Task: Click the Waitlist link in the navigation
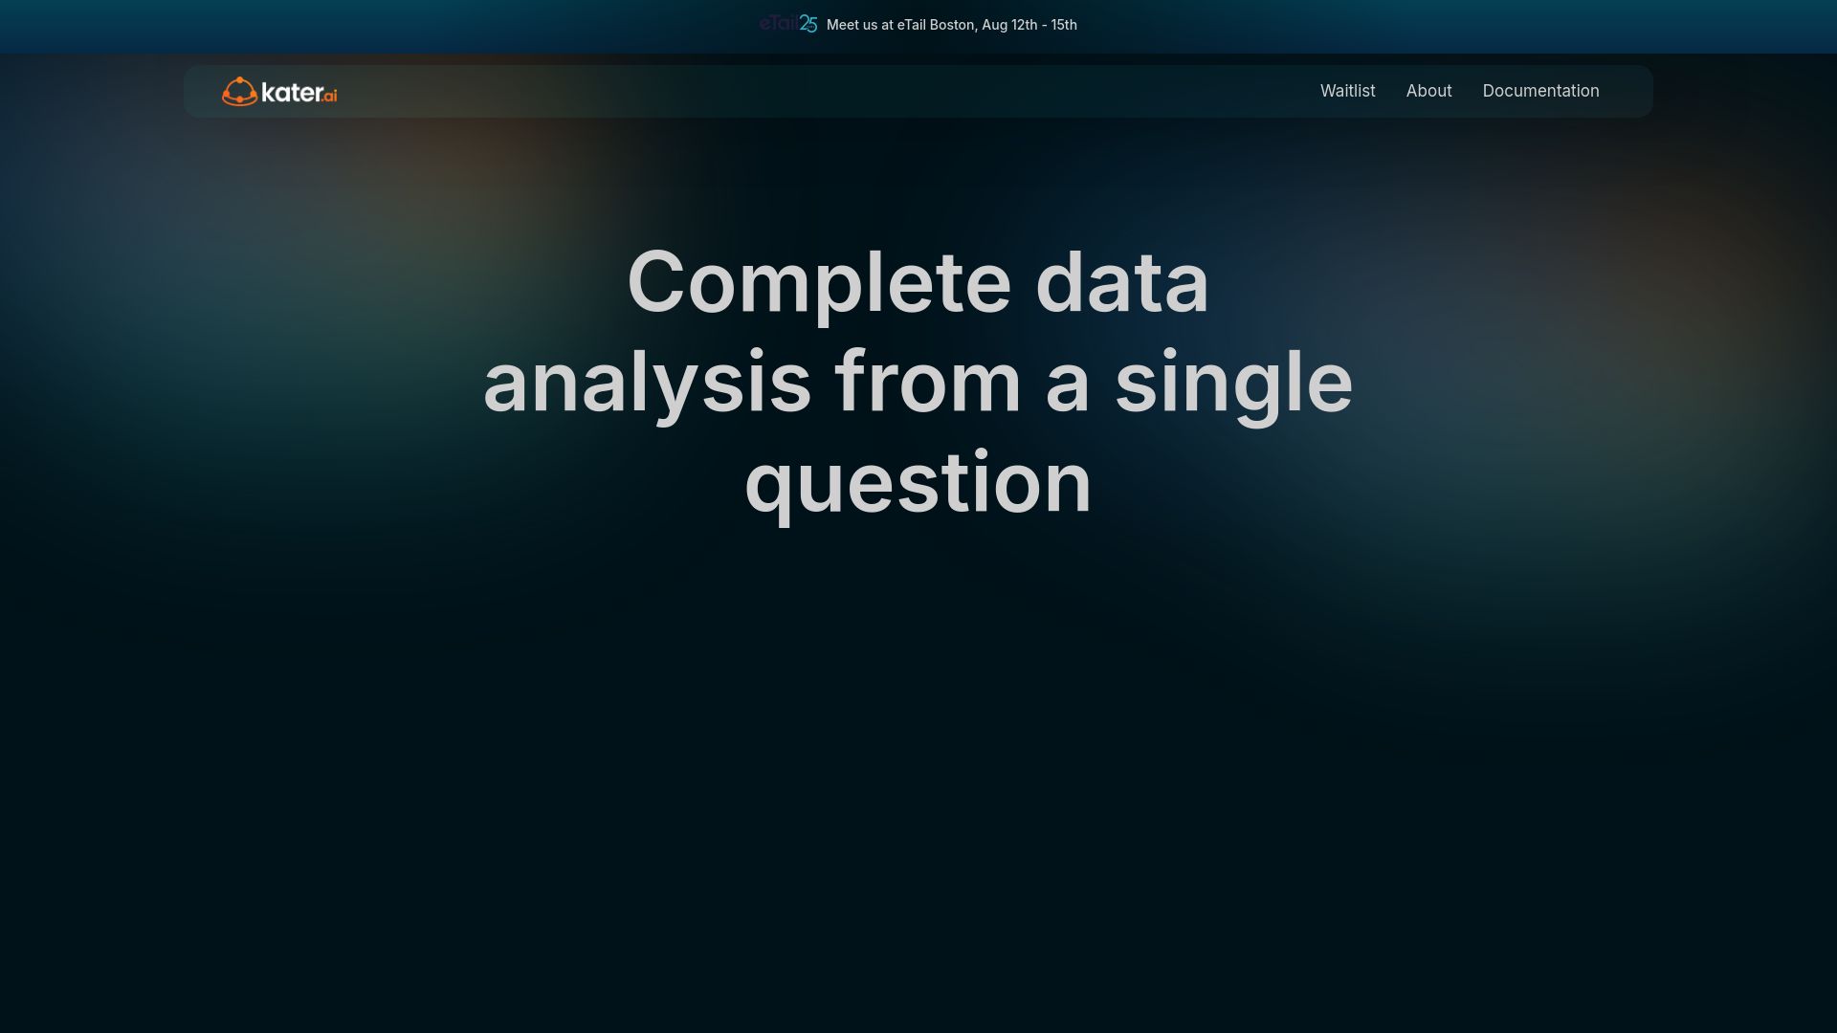point(1347,91)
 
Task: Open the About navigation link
point(1428,91)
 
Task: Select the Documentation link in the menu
point(1540,91)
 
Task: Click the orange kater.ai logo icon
point(239,92)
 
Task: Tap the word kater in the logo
point(292,92)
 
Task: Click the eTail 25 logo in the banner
point(788,24)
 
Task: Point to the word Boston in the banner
point(952,25)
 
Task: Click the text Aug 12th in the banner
point(1009,25)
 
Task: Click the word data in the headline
point(1122,282)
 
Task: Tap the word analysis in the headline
point(648,383)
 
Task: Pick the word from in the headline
point(928,382)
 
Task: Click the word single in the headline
point(1234,383)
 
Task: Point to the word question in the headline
point(918,484)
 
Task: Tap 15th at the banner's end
point(1064,25)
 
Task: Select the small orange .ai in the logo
point(330,96)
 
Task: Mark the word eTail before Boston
point(912,25)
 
